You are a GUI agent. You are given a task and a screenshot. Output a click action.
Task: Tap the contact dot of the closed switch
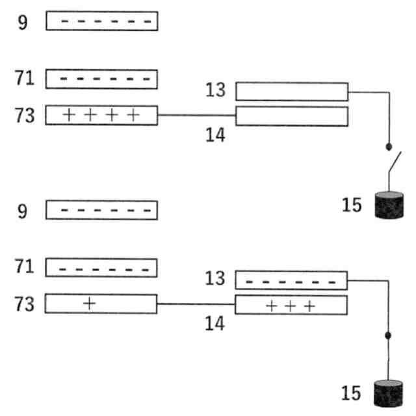(389, 335)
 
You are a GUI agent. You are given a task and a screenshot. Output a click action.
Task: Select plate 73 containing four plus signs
(101, 116)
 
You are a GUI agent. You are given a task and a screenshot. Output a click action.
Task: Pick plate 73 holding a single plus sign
(101, 304)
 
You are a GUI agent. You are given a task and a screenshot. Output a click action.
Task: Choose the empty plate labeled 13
(291, 92)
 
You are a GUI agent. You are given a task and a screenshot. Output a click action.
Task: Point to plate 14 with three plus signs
(291, 305)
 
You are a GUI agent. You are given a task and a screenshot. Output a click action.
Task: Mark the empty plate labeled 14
(291, 116)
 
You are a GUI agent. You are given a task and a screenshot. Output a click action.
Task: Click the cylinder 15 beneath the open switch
(389, 204)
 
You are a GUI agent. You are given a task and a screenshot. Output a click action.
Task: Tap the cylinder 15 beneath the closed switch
(389, 395)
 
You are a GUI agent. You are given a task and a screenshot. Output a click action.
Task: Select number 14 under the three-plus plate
(214, 324)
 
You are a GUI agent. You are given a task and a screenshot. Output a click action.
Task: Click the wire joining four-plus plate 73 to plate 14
(196, 116)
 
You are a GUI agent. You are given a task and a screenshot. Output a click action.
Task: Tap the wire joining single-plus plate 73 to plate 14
(196, 304)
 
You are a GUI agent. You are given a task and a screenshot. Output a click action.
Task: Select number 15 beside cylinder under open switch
(353, 205)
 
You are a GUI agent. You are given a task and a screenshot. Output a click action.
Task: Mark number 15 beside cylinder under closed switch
(353, 394)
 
